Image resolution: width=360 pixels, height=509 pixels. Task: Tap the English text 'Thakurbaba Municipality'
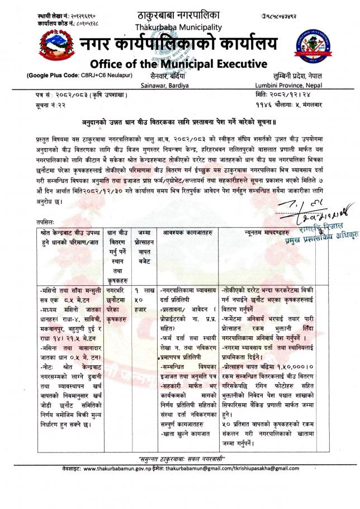tap(178, 26)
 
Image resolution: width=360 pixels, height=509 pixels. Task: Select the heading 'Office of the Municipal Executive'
tap(178, 63)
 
